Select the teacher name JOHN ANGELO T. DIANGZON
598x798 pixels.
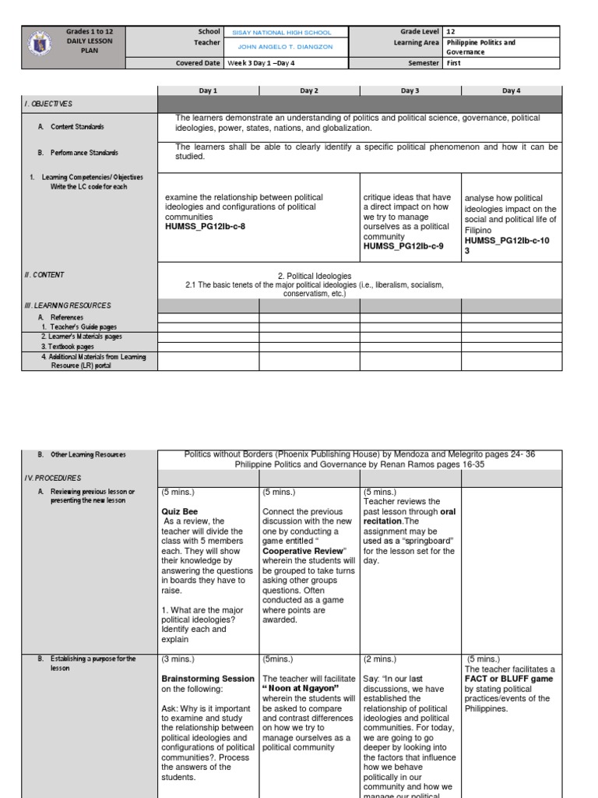point(283,48)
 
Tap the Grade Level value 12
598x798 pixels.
point(451,32)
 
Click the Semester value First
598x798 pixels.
point(455,63)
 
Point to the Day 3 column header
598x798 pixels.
point(410,90)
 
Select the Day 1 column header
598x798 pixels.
point(208,90)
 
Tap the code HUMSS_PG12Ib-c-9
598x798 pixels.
point(403,246)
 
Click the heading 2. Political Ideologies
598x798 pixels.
point(315,276)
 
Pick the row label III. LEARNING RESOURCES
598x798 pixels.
point(68,305)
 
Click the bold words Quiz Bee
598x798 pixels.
point(180,512)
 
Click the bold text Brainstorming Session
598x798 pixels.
point(208,679)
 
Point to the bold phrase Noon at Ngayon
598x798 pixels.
point(297,689)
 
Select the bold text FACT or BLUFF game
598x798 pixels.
point(509,679)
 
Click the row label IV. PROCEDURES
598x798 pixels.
point(54,478)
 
